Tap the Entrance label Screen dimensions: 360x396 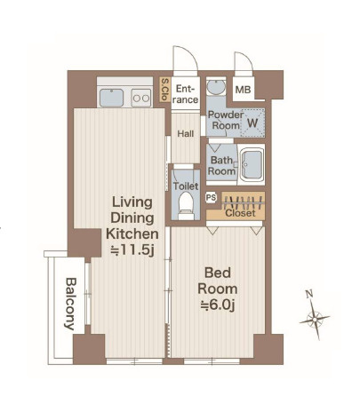[x=185, y=94]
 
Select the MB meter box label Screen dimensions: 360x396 [x=243, y=90]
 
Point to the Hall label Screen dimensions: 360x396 [x=186, y=134]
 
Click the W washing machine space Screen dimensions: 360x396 [x=252, y=123]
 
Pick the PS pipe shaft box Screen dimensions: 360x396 [x=211, y=198]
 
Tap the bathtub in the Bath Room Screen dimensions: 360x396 [x=252, y=164]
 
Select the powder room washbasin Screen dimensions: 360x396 [x=216, y=87]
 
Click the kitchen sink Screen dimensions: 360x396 [x=111, y=98]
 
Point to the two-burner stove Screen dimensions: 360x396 [x=141, y=98]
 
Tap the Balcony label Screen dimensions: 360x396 [x=70, y=304]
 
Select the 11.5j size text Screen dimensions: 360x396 [x=132, y=250]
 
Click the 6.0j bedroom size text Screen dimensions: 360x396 [x=218, y=305]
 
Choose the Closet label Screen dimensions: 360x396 [x=240, y=213]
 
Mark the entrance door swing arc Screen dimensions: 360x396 [x=191, y=54]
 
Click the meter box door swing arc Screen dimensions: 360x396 [x=247, y=58]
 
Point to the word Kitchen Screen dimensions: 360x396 [x=132, y=234]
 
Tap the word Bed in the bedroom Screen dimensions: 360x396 [x=218, y=273]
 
